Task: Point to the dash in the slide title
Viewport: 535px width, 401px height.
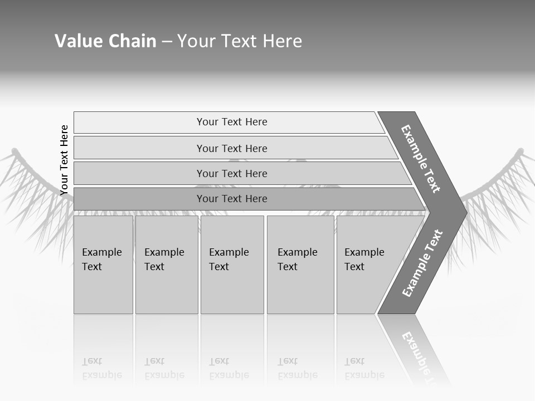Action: point(167,42)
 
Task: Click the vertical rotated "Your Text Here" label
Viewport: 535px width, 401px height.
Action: point(64,160)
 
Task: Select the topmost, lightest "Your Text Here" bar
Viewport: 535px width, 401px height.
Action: point(231,122)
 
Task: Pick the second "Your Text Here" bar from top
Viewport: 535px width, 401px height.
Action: point(231,148)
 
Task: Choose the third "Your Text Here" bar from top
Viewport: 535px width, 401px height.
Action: point(231,173)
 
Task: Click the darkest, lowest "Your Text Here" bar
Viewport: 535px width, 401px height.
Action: point(231,199)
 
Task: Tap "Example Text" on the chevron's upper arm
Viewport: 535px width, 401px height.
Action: point(421,159)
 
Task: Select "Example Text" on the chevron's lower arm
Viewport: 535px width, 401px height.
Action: point(422,263)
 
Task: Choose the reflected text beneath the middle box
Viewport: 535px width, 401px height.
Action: point(229,368)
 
